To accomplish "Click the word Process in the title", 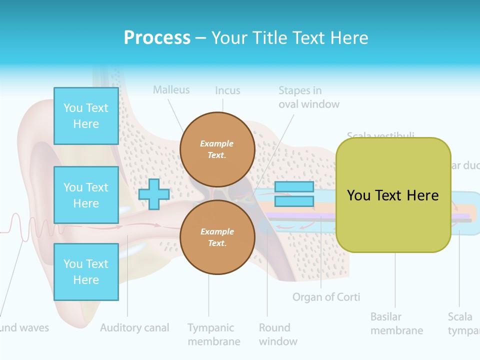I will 157,37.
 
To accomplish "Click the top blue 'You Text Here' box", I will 86,116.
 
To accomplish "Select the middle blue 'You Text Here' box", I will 86,195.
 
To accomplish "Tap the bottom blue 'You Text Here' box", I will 86,272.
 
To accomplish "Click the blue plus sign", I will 154,194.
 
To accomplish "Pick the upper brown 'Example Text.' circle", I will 217,149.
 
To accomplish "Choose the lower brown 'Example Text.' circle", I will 217,237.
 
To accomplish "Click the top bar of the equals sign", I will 294,187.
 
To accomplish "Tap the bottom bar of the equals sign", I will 294,201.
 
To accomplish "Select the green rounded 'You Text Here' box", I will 393,195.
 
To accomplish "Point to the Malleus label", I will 171,90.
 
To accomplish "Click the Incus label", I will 227,91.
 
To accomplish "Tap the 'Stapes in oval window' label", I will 308,97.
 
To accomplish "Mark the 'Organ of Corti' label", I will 326,297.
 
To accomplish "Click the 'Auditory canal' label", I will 134,328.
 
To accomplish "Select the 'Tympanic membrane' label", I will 213,334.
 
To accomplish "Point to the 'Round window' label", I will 278,334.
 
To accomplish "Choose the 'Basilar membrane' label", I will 396,323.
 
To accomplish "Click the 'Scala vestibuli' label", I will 380,135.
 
